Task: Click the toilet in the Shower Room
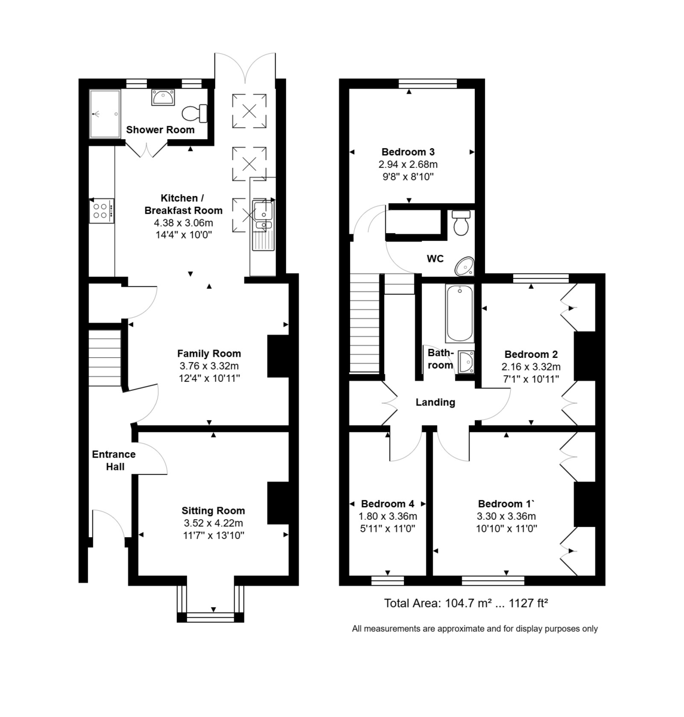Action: click(194, 112)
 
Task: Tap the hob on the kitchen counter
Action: click(101, 210)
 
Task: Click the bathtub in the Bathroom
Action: click(459, 313)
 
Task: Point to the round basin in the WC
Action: click(464, 265)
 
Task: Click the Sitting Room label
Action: click(213, 510)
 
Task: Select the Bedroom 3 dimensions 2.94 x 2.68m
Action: click(408, 164)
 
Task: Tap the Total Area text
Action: click(466, 603)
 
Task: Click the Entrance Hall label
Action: click(114, 460)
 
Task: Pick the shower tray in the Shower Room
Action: click(105, 114)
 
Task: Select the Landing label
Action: click(435, 402)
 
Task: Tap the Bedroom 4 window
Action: click(387, 580)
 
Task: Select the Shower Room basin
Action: click(162, 97)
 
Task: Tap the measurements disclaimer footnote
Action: click(474, 629)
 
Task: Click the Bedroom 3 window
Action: click(427, 83)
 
